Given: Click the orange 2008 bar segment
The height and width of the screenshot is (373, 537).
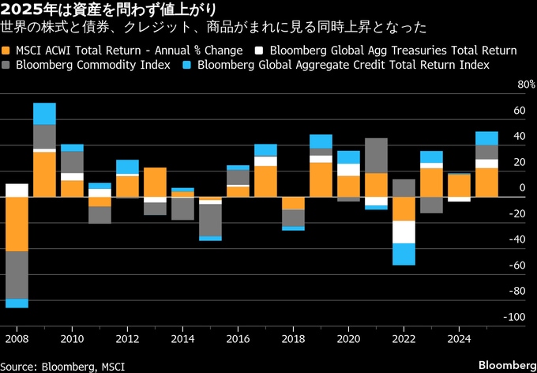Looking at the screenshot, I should tap(17, 224).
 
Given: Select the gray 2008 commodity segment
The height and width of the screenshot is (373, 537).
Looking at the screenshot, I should tap(17, 275).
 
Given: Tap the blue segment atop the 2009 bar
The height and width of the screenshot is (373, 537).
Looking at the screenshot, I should tap(45, 113).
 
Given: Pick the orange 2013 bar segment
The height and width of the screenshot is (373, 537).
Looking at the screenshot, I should tap(156, 182).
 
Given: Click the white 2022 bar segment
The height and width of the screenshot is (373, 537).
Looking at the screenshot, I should tap(404, 232).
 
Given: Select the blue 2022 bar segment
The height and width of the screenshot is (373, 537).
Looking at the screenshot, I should tap(404, 254).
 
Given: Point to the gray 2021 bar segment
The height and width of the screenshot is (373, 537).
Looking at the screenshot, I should tap(377, 156).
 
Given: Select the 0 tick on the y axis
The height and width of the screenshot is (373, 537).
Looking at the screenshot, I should tap(523, 187).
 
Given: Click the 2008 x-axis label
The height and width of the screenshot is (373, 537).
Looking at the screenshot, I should tap(17, 340).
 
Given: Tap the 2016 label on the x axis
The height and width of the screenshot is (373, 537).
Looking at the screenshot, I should tap(238, 340).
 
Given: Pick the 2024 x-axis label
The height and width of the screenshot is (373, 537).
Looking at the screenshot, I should tap(459, 340).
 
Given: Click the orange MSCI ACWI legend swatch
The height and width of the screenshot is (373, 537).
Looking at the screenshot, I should tap(7, 51).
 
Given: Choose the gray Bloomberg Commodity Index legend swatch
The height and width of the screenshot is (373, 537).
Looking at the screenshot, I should tap(7, 64).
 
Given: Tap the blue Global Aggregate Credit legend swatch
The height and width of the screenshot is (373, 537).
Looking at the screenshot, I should tap(187, 64).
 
